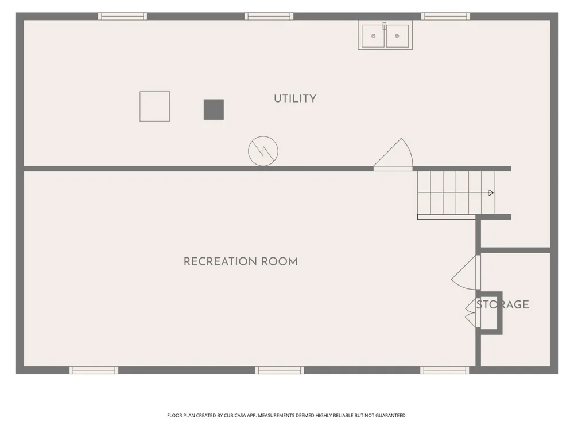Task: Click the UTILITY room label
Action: [x=295, y=99]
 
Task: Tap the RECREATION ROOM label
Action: [x=241, y=261]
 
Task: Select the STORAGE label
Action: [x=503, y=304]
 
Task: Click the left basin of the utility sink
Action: [x=373, y=36]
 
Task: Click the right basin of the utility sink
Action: [x=397, y=36]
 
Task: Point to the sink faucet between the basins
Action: [x=385, y=26]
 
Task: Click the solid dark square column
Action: [x=214, y=110]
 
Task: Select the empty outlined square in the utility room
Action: [x=154, y=107]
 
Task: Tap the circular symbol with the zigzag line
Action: [x=263, y=151]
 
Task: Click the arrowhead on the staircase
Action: [x=491, y=193]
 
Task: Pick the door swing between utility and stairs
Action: [x=393, y=154]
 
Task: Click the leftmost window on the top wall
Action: [x=122, y=16]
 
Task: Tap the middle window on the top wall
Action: [x=269, y=16]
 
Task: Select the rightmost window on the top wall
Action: [x=445, y=16]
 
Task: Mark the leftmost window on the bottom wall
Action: [x=94, y=370]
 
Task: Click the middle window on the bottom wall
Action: [x=280, y=370]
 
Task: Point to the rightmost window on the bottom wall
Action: [x=444, y=370]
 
